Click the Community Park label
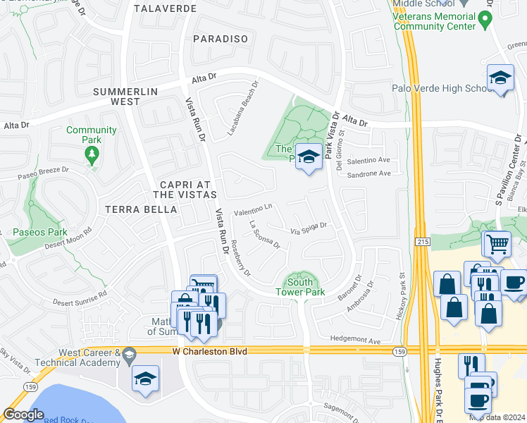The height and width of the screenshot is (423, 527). tap(91, 135)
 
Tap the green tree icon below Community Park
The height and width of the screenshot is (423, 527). tap(92, 157)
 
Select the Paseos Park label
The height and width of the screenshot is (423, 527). tap(39, 231)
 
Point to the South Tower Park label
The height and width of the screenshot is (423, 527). tap(301, 287)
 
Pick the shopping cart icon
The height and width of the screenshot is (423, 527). tap(496, 244)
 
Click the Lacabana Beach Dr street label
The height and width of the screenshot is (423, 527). tap(244, 106)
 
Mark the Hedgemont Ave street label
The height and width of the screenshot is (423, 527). tap(356, 341)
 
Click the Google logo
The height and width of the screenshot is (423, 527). tap(23, 415)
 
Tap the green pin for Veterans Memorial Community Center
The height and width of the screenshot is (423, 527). tap(485, 20)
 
